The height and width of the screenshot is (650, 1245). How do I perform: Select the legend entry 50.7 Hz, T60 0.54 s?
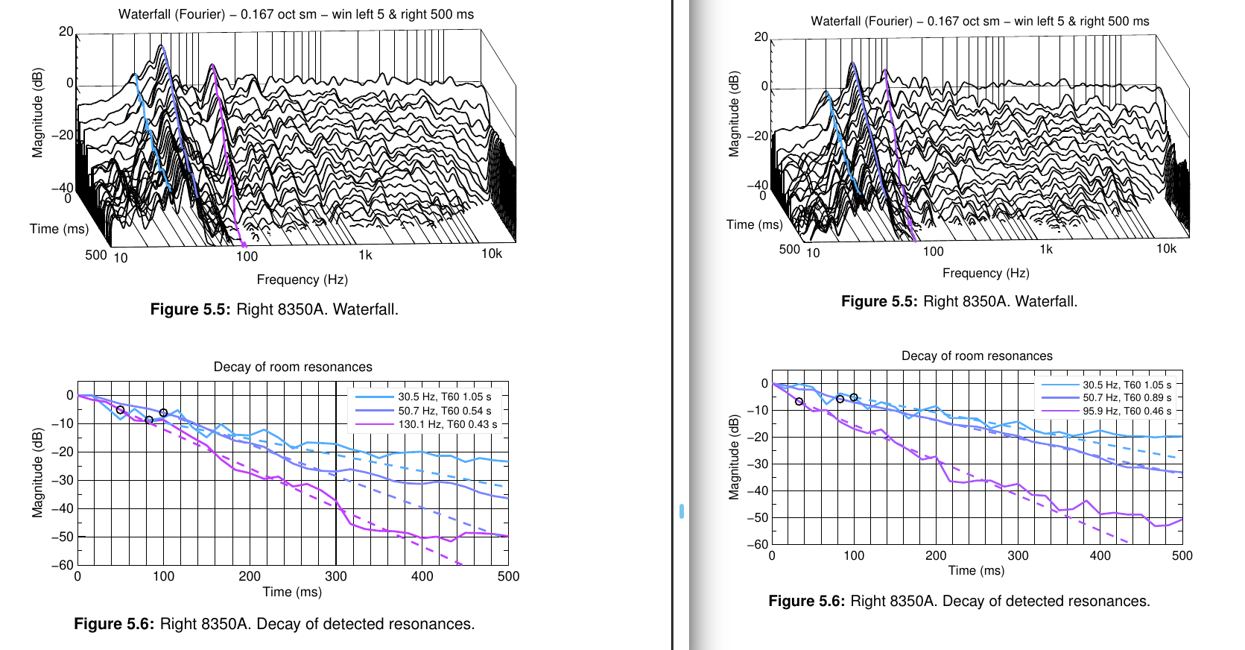point(444,411)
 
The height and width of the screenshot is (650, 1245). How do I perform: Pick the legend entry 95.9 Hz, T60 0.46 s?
point(1127,411)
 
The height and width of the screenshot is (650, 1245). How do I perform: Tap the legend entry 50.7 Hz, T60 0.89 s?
point(1127,398)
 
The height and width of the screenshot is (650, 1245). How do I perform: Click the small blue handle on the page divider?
point(682,511)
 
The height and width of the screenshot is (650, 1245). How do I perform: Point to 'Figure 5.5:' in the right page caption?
point(879,301)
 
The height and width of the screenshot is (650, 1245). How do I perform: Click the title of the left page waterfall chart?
point(296,14)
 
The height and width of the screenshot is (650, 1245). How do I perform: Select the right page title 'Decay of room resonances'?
point(977,356)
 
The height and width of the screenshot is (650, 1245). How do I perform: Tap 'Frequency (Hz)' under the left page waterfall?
point(302,280)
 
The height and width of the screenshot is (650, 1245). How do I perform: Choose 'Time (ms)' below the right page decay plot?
point(976,570)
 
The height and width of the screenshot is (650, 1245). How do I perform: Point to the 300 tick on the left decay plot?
point(336,576)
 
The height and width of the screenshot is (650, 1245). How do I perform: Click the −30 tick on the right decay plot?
point(758,464)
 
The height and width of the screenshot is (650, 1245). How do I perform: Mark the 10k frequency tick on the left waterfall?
point(492,253)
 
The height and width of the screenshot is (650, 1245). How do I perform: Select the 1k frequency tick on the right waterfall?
point(1046,249)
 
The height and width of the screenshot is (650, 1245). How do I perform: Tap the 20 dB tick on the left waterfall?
point(66,31)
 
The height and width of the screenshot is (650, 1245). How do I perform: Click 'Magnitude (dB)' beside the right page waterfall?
point(734,114)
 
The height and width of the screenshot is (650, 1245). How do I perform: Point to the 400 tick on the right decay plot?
point(1100,555)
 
